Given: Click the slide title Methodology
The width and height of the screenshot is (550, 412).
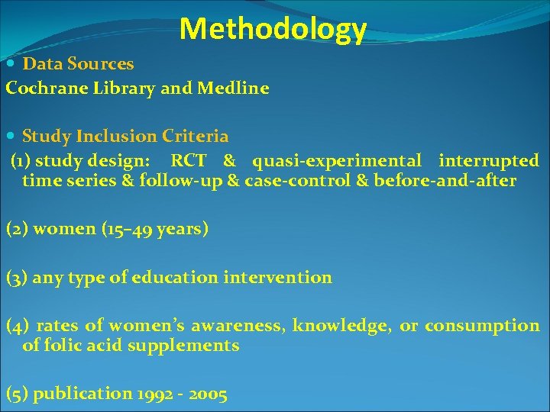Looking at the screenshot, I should (x=273, y=29).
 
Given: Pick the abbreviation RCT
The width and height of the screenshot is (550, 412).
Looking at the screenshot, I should (x=188, y=161).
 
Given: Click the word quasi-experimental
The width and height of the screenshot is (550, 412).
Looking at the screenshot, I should (x=337, y=161).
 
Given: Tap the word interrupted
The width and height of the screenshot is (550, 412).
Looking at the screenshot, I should (x=489, y=161).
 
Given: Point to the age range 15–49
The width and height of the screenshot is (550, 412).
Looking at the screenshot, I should (x=131, y=229).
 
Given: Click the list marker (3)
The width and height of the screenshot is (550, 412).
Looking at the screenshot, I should (x=16, y=278).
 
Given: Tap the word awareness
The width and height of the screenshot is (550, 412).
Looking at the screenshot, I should (x=237, y=326).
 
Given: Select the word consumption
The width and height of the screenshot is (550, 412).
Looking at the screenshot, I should (x=482, y=326).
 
